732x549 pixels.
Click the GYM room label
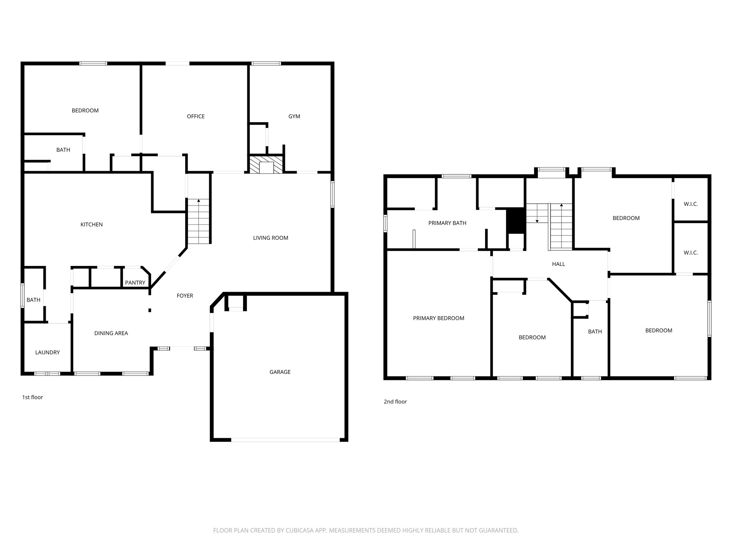click(294, 117)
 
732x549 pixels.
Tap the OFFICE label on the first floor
click(196, 117)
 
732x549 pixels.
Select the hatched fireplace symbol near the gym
click(266, 165)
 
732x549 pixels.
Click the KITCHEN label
click(91, 224)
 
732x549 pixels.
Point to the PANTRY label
click(135, 283)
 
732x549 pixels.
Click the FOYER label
click(185, 296)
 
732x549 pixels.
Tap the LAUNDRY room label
click(48, 352)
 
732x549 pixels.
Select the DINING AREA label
click(111, 333)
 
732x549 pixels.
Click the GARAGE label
click(280, 372)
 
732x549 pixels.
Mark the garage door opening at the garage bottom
click(285, 440)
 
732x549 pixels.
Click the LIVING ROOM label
click(271, 238)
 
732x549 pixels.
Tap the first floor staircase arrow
click(198, 201)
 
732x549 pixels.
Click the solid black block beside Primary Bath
click(515, 220)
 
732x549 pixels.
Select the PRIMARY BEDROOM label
click(439, 318)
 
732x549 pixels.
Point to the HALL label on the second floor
click(558, 264)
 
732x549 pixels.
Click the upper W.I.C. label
click(691, 204)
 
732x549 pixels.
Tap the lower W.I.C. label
click(691, 253)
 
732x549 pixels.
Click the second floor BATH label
click(595, 332)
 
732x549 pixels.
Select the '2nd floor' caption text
click(395, 402)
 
